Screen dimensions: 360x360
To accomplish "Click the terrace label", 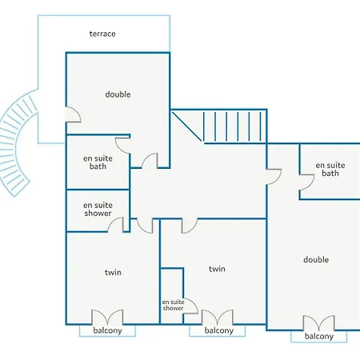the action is click(x=102, y=34).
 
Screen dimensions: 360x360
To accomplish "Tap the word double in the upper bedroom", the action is click(x=118, y=94).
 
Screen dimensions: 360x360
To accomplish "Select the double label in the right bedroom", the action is click(x=316, y=259).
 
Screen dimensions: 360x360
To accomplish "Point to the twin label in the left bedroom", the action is click(x=113, y=272).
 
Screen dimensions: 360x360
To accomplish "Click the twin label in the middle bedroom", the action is click(x=217, y=269).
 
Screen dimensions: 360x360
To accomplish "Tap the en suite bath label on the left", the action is click(x=98, y=162).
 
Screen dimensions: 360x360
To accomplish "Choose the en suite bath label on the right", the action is click(x=330, y=169).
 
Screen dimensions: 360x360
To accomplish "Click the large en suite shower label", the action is click(x=98, y=209).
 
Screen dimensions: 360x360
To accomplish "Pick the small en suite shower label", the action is click(x=173, y=305).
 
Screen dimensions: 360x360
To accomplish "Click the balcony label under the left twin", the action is click(x=107, y=330).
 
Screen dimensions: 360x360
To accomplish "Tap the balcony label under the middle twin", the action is click(x=219, y=330).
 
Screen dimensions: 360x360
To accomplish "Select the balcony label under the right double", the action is click(x=319, y=337).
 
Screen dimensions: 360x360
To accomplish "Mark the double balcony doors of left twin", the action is click(x=107, y=317).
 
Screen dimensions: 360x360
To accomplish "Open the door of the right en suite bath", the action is click(x=307, y=182).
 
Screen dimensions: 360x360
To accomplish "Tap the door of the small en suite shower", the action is click(x=190, y=306).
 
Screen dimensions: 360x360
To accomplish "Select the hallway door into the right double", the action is click(x=274, y=177).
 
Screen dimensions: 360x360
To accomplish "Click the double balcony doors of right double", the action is click(x=319, y=322).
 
